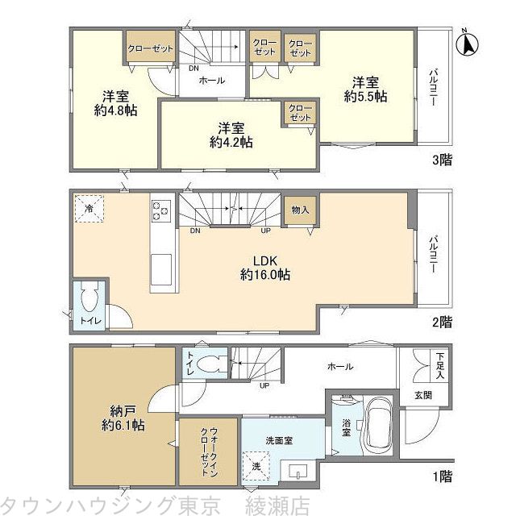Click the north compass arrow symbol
pos(468,44)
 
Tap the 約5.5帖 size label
pos(365,97)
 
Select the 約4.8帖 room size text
pos(115,110)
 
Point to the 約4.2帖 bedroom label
pos(231,142)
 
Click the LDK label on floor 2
pos(265,261)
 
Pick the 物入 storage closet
pos(300,210)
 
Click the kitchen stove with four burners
pos(161,210)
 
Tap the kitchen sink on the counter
pos(161,269)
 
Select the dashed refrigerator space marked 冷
pos(89,209)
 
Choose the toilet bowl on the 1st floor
pos(211,364)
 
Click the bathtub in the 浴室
pos(379,426)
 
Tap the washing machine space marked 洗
pos(256,466)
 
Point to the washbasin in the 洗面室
pos(298,471)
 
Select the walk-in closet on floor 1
pos(208,451)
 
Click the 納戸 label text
pos(123,410)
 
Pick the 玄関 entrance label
pos(423,395)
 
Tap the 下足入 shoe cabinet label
pos(440,365)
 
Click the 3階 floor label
pos(442,160)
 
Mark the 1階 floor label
pos(442,476)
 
